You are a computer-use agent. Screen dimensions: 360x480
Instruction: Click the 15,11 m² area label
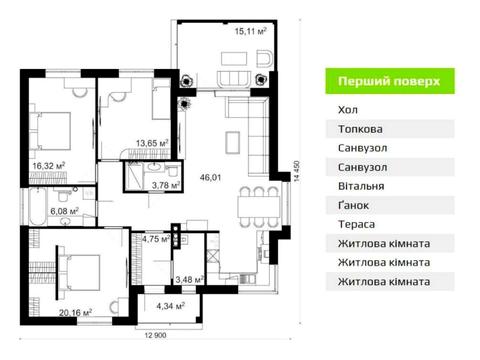(250, 31)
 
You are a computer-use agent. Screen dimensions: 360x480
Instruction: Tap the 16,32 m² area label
(48, 165)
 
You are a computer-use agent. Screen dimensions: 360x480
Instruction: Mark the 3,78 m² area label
(164, 185)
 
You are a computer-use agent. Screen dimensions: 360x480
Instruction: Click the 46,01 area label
(210, 178)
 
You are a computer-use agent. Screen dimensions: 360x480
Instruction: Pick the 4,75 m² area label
(156, 239)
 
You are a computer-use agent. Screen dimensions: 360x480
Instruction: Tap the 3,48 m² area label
(188, 279)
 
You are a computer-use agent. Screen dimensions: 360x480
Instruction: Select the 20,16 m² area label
(75, 312)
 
